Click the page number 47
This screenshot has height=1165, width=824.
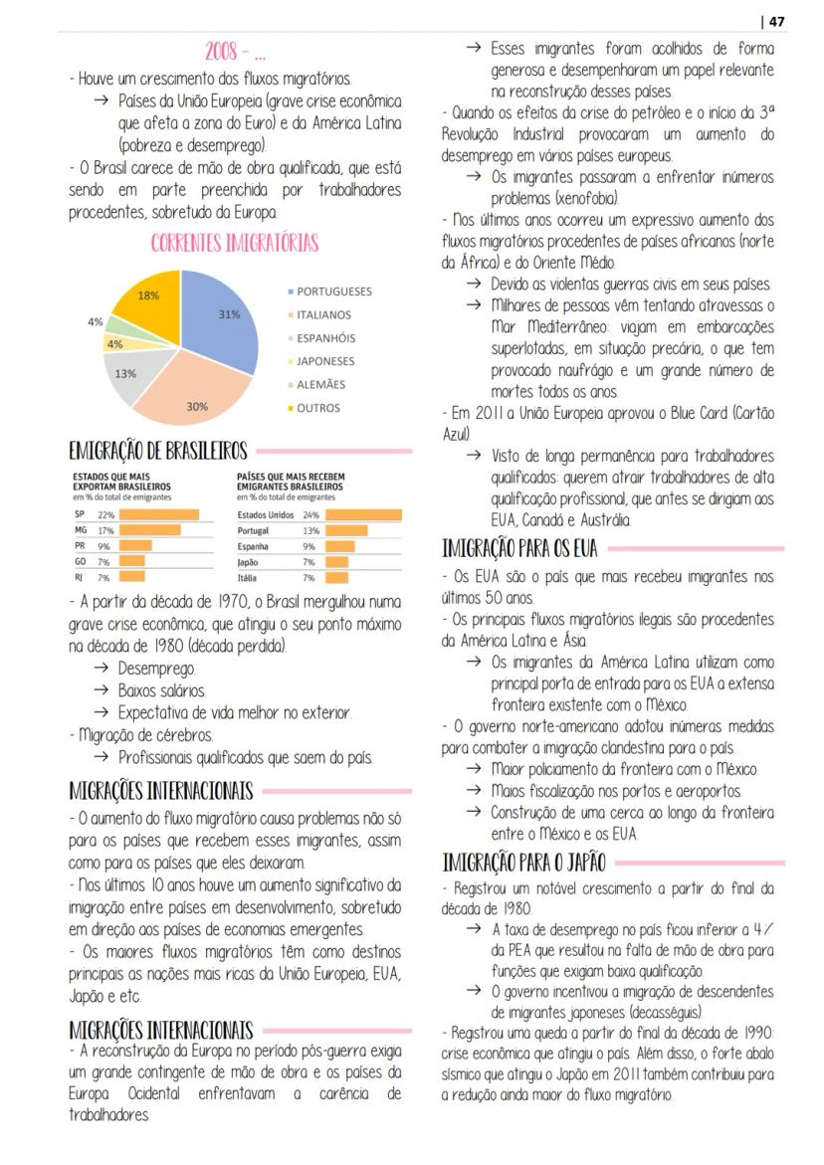tap(776, 21)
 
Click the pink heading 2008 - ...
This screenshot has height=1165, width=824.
tap(234, 52)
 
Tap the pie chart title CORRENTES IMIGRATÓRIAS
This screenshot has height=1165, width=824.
tap(235, 244)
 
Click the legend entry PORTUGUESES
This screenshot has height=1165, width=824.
tap(333, 291)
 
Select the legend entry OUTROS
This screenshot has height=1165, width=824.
tap(317, 408)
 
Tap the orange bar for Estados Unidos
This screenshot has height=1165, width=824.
tap(363, 515)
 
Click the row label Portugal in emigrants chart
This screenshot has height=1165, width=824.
tap(256, 531)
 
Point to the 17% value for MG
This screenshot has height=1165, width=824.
tap(103, 531)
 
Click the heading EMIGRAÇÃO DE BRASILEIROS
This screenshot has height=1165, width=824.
tap(158, 452)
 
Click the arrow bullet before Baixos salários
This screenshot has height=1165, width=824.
tap(102, 690)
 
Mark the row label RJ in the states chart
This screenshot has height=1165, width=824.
tap(79, 577)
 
